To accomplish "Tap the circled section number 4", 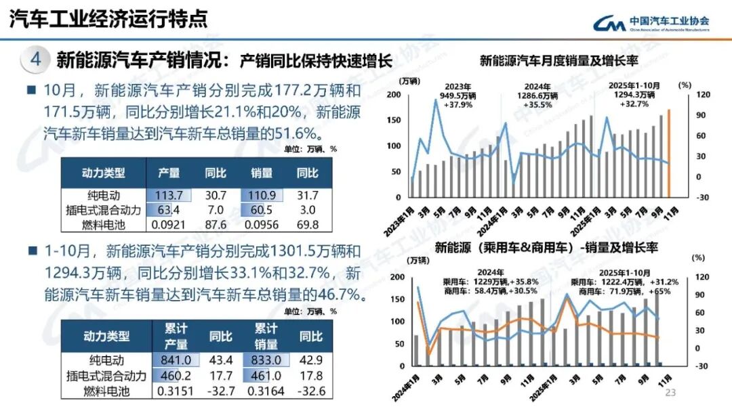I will [x=35, y=60].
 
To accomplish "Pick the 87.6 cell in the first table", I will [x=215, y=224].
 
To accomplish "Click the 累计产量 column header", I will [x=175, y=336].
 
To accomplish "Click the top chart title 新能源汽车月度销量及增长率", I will [x=559, y=61].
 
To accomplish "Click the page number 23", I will [x=672, y=393].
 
